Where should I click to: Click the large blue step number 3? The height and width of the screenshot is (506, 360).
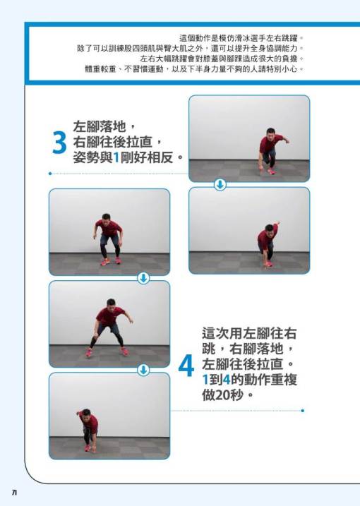(x=60, y=143)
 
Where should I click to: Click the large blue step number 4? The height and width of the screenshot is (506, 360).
(x=186, y=366)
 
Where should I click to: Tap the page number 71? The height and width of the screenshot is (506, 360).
(x=14, y=493)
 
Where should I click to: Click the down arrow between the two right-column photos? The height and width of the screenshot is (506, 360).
(x=220, y=185)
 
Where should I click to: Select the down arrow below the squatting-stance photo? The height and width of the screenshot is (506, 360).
(x=143, y=278)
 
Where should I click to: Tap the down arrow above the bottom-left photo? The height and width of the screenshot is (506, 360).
(x=143, y=370)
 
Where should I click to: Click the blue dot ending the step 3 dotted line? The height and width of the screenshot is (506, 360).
(x=50, y=174)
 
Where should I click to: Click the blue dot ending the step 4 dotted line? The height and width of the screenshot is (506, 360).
(x=303, y=411)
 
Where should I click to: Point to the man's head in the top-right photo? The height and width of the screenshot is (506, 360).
(x=270, y=132)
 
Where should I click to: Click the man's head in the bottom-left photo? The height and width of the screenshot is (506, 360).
(x=86, y=414)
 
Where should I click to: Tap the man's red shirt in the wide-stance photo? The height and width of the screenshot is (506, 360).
(x=110, y=316)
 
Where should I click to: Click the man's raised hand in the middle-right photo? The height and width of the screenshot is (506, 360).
(x=277, y=223)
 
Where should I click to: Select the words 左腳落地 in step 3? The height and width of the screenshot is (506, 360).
(x=99, y=126)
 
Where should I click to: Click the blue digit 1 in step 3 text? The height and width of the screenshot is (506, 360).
(x=116, y=157)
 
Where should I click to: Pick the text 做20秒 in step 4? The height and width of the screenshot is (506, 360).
(x=222, y=394)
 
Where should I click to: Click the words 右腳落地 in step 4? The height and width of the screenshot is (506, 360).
(x=257, y=349)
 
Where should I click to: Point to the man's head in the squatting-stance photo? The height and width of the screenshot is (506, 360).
(x=106, y=217)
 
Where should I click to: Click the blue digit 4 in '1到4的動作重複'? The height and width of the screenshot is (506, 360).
(x=227, y=380)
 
